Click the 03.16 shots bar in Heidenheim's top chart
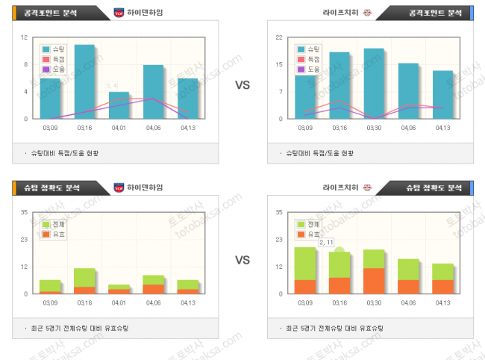[84, 81]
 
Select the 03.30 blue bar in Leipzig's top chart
[374, 83]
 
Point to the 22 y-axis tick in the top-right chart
[278, 37]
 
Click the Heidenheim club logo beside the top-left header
[119, 13]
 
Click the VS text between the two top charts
[242, 86]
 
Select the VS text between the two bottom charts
[242, 261]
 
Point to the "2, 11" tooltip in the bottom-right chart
[327, 243]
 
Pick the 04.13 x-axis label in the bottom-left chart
[188, 302]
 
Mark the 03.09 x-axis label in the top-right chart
[304, 128]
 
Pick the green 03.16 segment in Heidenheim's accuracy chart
[84, 276]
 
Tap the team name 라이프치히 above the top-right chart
[339, 13]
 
